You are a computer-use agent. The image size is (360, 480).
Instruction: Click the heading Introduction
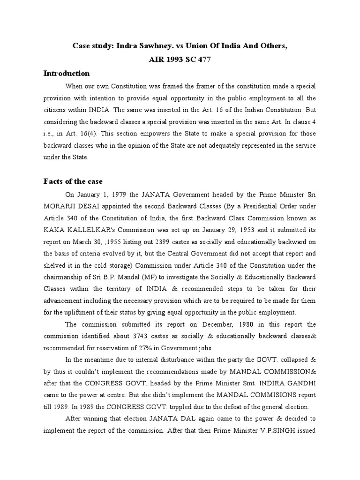tap(67, 74)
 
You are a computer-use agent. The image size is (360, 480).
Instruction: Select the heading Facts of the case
tap(73, 181)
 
